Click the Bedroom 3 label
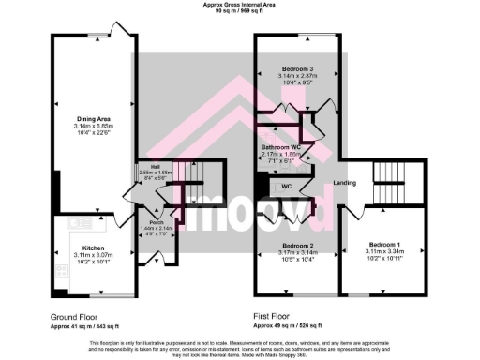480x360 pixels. point(296,69)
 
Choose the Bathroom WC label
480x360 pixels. point(281,148)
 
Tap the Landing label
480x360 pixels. point(345,182)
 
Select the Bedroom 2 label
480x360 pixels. point(295,245)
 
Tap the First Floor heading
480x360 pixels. point(274,318)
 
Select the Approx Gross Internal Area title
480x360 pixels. point(240,5)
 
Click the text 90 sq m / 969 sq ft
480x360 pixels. point(240,11)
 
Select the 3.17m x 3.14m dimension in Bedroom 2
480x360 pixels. point(295,251)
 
